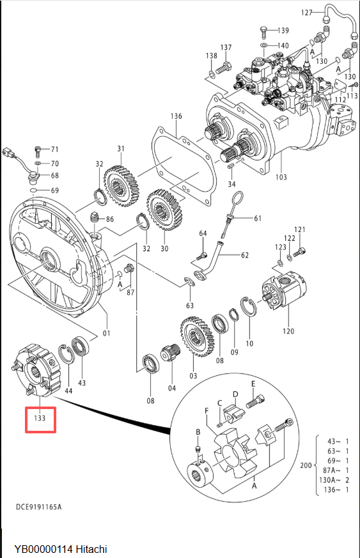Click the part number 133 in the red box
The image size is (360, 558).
click(40, 418)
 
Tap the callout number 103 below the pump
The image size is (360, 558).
click(281, 177)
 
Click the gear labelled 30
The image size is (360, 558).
click(165, 210)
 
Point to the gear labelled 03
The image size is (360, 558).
click(198, 337)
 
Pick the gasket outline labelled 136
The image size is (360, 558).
click(184, 167)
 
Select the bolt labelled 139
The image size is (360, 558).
click(263, 31)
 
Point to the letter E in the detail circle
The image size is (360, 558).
click(253, 384)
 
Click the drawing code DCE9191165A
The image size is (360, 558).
click(39, 507)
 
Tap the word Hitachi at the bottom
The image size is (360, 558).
click(91, 549)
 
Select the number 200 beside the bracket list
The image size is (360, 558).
click(306, 465)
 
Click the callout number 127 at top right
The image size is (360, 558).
click(306, 13)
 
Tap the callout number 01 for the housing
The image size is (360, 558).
click(107, 334)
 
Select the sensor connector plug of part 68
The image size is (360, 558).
click(8, 153)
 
